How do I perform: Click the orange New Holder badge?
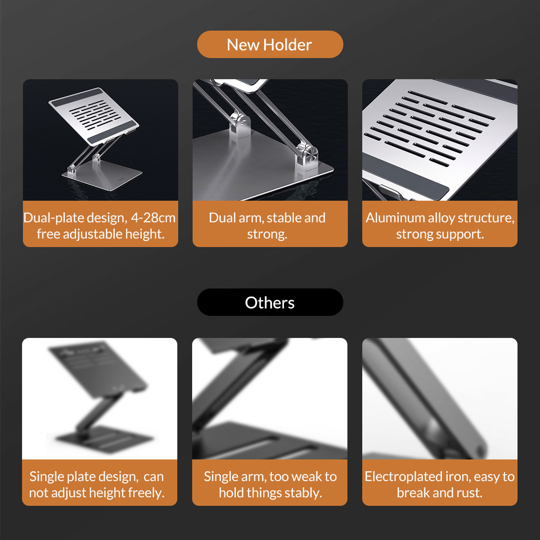[x=270, y=44]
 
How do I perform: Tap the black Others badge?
[x=270, y=302]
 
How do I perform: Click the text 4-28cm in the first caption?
[x=153, y=218]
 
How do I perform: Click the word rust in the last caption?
[x=469, y=493]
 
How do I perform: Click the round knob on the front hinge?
[x=311, y=154]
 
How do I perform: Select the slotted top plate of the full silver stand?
[x=94, y=116]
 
